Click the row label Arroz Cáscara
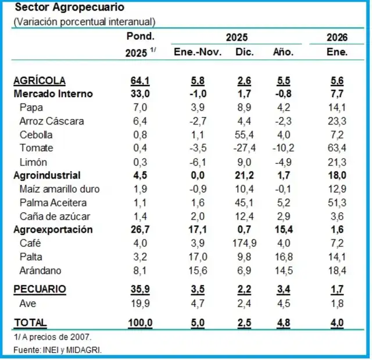pyautogui.click(x=51, y=121)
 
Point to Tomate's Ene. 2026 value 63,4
pyautogui.click(x=337, y=148)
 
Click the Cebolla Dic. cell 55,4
pyautogui.click(x=244, y=134)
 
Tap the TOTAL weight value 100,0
pyautogui.click(x=141, y=322)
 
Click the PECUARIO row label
pyautogui.click(x=40, y=288)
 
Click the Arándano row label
pyautogui.click(x=40, y=270)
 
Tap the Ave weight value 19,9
pyautogui.click(x=141, y=302)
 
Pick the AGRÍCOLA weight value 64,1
pyautogui.click(x=141, y=81)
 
